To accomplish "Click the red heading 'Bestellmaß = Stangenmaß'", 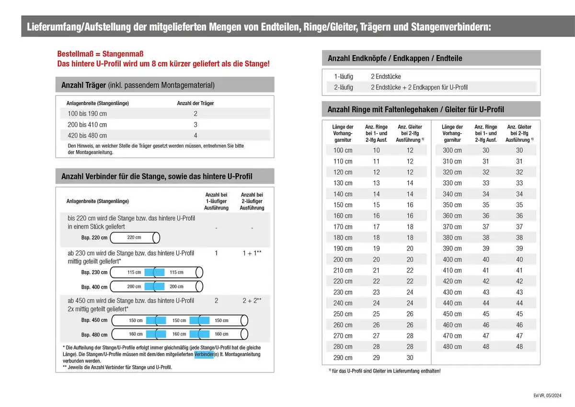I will pyautogui.click(x=100, y=54).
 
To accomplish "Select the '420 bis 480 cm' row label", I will pyautogui.click(x=87, y=136).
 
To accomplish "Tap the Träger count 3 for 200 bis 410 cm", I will pyautogui.click(x=195, y=125).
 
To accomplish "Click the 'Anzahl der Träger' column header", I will pyautogui.click(x=195, y=103).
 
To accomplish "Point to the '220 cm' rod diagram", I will pyautogui.click(x=135, y=237).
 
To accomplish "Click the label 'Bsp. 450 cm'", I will pyautogui.click(x=94, y=320).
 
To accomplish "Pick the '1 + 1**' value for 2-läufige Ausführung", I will pyautogui.click(x=252, y=252).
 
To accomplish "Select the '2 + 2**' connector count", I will pyautogui.click(x=252, y=301).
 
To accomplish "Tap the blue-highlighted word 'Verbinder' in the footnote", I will pyautogui.click(x=204, y=354).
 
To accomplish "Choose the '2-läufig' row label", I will pyautogui.click(x=344, y=87).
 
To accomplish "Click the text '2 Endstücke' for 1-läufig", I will pyautogui.click(x=386, y=76).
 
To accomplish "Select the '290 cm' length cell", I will pyautogui.click(x=343, y=358).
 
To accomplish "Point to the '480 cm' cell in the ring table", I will pyautogui.click(x=452, y=347).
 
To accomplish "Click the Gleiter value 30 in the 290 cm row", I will pyautogui.click(x=410, y=358).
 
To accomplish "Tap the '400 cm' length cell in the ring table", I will pyautogui.click(x=452, y=259).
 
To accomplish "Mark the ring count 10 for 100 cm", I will pyautogui.click(x=376, y=150).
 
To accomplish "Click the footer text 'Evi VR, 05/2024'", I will pyautogui.click(x=548, y=395).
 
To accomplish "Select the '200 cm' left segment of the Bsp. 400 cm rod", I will pyautogui.click(x=134, y=287).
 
